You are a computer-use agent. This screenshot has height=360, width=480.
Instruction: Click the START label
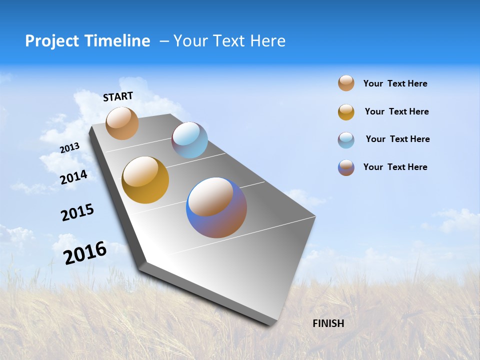click(118, 96)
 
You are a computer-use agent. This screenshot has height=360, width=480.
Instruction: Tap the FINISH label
click(328, 323)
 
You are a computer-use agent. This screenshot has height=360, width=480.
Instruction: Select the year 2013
click(69, 148)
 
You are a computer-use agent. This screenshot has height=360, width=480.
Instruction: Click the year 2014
click(73, 177)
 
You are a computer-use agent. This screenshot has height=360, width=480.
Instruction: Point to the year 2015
click(77, 213)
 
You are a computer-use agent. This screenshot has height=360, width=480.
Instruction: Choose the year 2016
click(85, 253)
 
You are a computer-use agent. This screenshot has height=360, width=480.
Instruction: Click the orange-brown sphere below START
click(122, 123)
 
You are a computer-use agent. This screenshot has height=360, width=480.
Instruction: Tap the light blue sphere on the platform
click(189, 140)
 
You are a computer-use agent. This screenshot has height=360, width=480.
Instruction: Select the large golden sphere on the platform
click(145, 180)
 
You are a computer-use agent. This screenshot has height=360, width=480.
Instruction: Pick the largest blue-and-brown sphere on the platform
click(216, 207)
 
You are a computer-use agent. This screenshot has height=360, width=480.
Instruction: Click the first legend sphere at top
click(346, 83)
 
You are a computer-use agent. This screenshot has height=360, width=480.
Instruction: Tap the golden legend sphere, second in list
click(346, 112)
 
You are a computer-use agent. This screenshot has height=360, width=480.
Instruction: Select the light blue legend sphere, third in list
click(346, 139)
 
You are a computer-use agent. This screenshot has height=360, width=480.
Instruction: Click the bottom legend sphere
click(346, 167)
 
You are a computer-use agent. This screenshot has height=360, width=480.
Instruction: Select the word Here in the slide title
click(267, 41)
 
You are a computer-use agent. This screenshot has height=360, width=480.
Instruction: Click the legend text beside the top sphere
click(395, 83)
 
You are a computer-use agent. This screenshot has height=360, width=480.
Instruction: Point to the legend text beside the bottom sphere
click(395, 167)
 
